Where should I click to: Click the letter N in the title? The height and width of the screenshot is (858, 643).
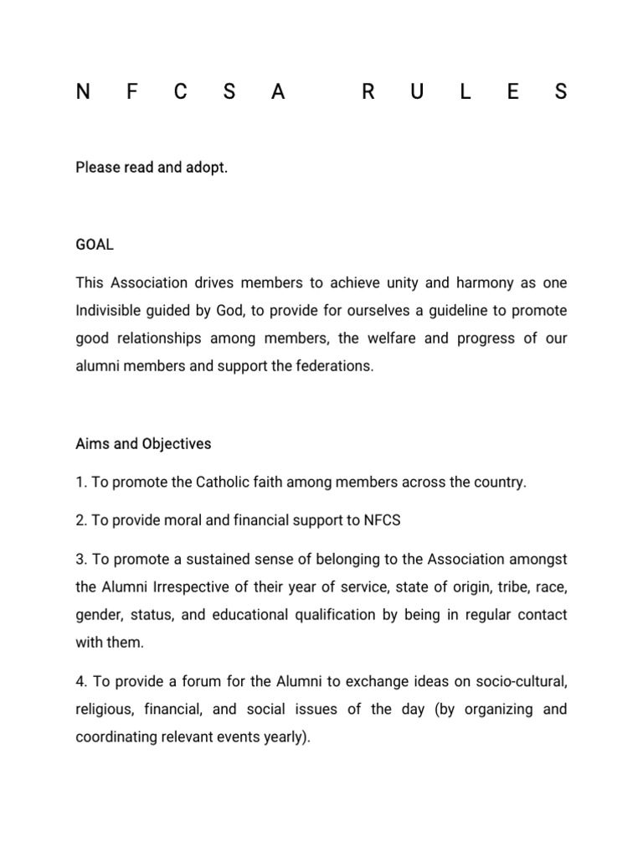coord(82,92)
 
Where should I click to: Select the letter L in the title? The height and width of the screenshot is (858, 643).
coord(465,92)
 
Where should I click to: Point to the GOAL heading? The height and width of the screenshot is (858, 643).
coord(94,245)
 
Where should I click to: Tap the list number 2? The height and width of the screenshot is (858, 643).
coord(80,520)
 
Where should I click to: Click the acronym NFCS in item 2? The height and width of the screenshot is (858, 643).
coord(382,520)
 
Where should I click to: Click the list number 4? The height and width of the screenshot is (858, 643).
coord(80,681)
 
